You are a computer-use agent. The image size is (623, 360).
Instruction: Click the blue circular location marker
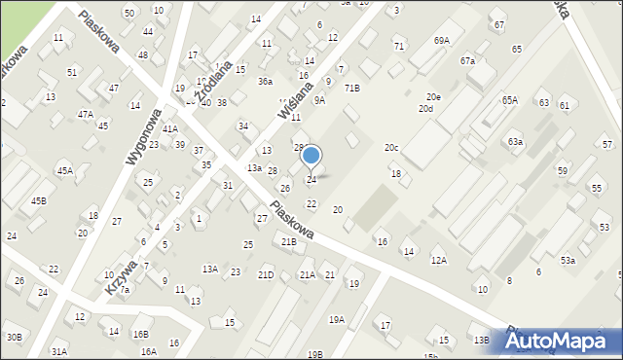pyautogui.click(x=311, y=156)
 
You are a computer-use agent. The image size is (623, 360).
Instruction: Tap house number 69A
pyautogui.click(x=442, y=41)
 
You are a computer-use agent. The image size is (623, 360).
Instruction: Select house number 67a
pyautogui.click(x=468, y=61)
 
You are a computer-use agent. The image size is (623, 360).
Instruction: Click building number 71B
pyautogui.click(x=351, y=89)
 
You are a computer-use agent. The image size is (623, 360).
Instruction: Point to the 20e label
pyautogui.click(x=433, y=97)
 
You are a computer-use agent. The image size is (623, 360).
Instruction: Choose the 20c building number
pyautogui.click(x=391, y=148)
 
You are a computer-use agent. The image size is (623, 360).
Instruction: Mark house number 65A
pyautogui.click(x=510, y=100)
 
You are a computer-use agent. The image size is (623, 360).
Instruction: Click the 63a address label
pyautogui.click(x=515, y=142)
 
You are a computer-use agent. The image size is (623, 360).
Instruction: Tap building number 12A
pyautogui.click(x=439, y=261)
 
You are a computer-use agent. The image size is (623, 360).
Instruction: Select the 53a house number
pyautogui.click(x=568, y=261)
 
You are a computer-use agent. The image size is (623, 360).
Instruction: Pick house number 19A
pyautogui.click(x=337, y=319)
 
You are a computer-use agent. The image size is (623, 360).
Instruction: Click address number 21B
pyautogui.click(x=288, y=242)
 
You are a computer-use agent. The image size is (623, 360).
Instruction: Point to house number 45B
pyautogui.click(x=38, y=201)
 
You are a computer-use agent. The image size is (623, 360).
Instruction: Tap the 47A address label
pyautogui.click(x=86, y=115)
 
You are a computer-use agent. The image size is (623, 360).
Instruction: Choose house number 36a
pyautogui.click(x=265, y=83)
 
